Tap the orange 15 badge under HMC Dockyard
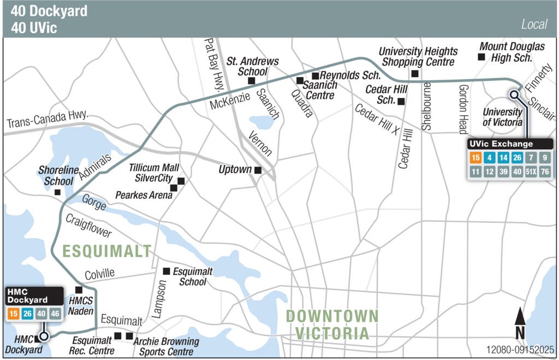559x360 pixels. pyautogui.click(x=13, y=314)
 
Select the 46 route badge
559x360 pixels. pyautogui.click(x=54, y=314)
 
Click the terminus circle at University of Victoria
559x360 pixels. pyautogui.click(x=514, y=95)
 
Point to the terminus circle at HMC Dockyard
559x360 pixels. pyautogui.click(x=44, y=337)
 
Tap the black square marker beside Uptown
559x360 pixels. pyautogui.click(x=258, y=170)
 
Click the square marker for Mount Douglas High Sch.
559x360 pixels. pyautogui.click(x=481, y=57)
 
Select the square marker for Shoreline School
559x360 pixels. pyautogui.click(x=57, y=192)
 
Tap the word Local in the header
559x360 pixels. pyautogui.click(x=534, y=25)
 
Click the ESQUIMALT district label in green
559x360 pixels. pyautogui.click(x=106, y=251)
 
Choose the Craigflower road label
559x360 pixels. pyautogui.click(x=88, y=226)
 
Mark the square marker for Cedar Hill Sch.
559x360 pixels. pyautogui.click(x=401, y=101)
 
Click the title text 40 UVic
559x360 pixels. pyautogui.click(x=34, y=26)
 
